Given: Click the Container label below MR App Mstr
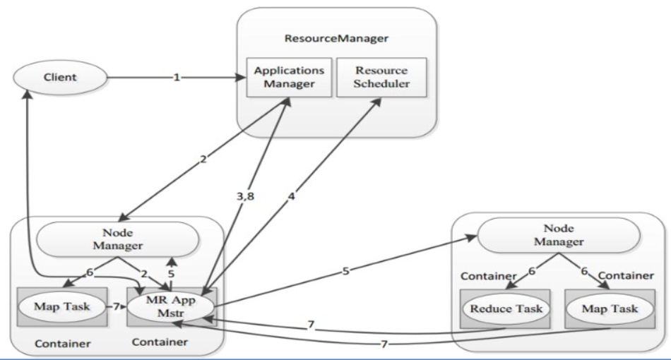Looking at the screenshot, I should click(x=160, y=342).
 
